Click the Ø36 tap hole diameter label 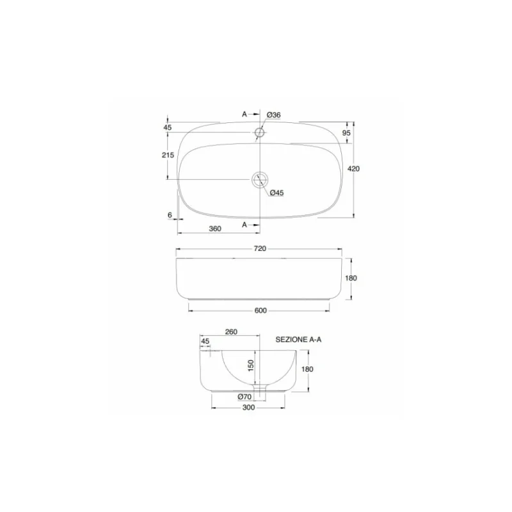point(273,115)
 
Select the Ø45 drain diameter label point(276,193)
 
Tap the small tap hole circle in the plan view point(260,133)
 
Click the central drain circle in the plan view point(260,179)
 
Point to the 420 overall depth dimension point(353,169)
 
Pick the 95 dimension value point(346,132)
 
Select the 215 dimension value point(168,156)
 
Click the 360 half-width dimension point(215,228)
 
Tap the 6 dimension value point(170,216)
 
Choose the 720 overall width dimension point(260,248)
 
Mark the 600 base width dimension point(260,310)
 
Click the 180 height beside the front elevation point(351,278)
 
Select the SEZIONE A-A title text point(298,340)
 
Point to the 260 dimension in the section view point(231,332)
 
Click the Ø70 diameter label point(244,397)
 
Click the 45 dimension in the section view point(205,341)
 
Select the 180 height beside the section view point(307,369)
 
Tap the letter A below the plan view point(244,225)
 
